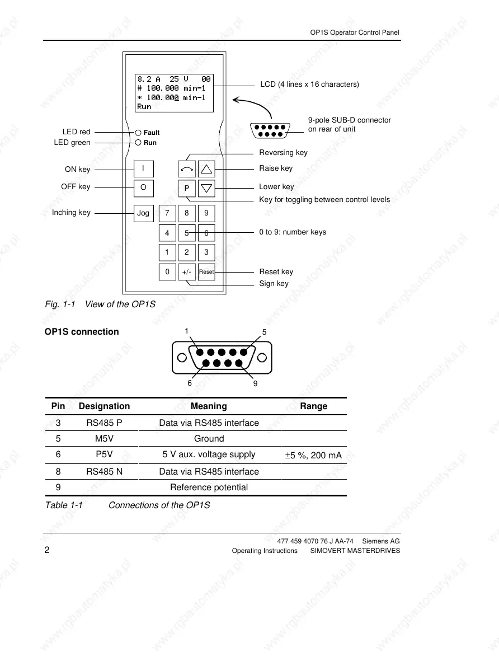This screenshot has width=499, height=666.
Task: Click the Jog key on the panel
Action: click(143, 213)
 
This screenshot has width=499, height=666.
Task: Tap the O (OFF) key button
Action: click(143, 188)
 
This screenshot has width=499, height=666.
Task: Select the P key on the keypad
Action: click(187, 189)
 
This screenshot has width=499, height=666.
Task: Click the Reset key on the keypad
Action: click(206, 272)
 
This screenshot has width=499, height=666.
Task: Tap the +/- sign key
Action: click(187, 272)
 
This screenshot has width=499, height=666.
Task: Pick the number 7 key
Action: click(167, 213)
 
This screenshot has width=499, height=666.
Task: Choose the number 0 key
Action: click(167, 272)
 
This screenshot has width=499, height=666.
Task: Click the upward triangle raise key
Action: click(206, 168)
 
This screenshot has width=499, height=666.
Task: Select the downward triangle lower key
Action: click(206, 189)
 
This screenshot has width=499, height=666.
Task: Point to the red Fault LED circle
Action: click(138, 133)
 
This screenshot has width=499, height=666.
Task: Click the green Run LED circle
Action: click(138, 143)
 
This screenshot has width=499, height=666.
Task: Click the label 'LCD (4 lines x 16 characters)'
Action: click(309, 85)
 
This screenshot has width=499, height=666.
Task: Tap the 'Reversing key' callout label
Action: click(283, 153)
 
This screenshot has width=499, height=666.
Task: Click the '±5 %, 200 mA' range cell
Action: click(313, 456)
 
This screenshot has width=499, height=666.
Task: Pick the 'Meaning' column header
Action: click(209, 406)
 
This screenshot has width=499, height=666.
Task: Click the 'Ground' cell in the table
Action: click(209, 439)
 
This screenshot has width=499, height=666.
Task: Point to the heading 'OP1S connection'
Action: click(82, 332)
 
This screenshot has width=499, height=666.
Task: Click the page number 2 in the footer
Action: click(48, 550)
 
